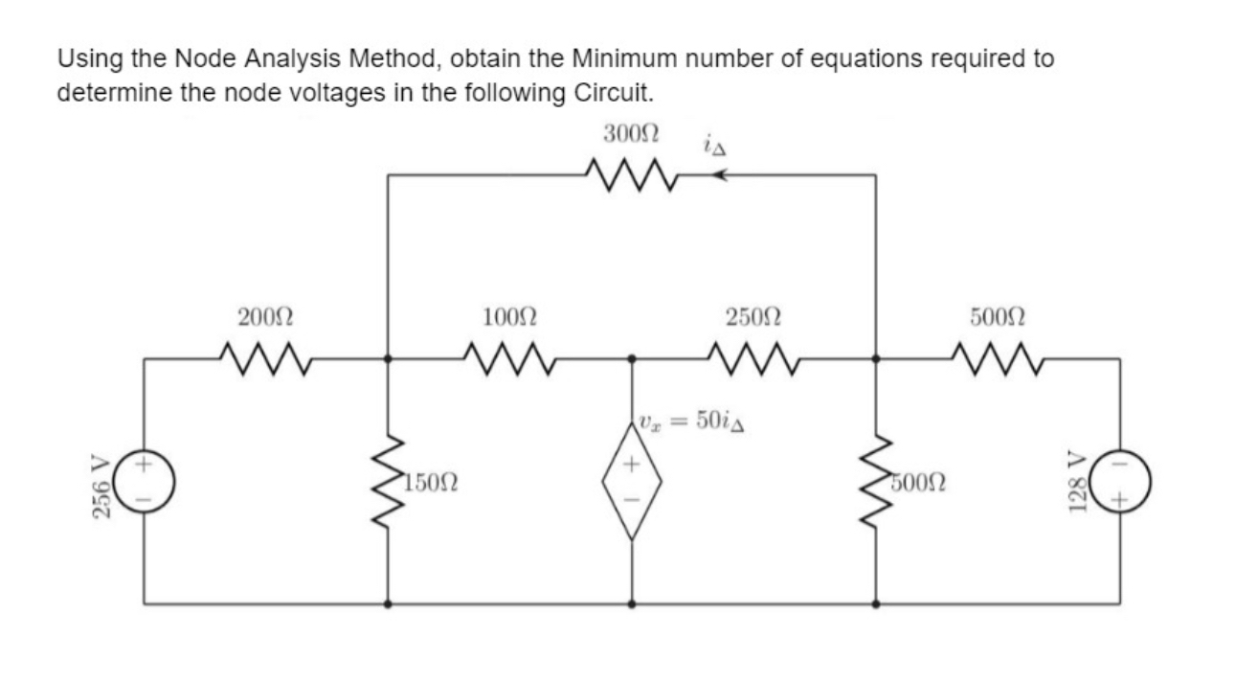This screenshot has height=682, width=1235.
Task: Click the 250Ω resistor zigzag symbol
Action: pos(752,360)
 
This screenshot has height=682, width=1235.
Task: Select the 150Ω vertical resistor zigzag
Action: pos(388,482)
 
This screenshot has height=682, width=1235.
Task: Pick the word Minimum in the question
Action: pos(619,59)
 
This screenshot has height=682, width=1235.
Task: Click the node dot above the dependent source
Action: pos(631,360)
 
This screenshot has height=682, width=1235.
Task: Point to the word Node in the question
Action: pos(205,59)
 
